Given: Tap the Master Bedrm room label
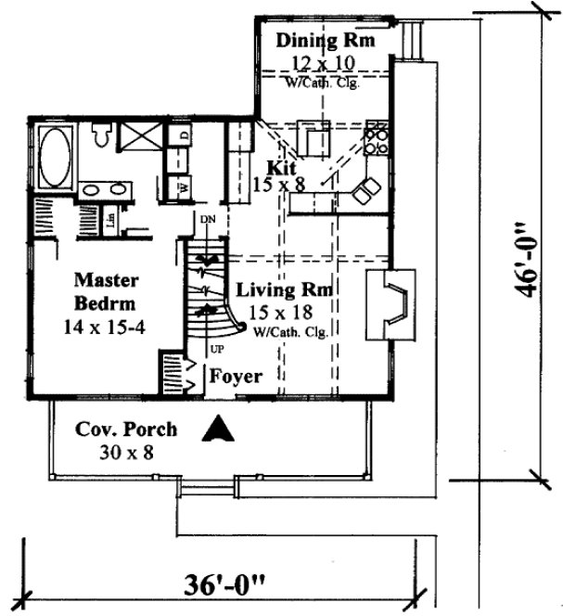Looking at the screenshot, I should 106,290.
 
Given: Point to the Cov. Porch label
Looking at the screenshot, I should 125,430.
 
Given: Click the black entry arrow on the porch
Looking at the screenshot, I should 218,430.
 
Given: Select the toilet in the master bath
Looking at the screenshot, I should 103,138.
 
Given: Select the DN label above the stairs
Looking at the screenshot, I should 208,220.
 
